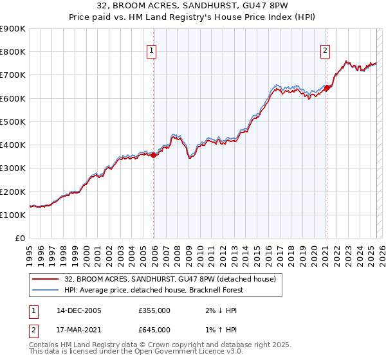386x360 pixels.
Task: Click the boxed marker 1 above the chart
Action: click(x=151, y=52)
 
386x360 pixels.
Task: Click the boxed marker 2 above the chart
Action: click(x=326, y=52)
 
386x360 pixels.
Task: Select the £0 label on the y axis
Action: click(x=21, y=239)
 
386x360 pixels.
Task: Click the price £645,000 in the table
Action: click(x=155, y=330)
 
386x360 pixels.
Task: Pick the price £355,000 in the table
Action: click(x=155, y=310)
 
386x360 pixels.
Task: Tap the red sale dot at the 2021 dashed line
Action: click(x=327, y=88)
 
